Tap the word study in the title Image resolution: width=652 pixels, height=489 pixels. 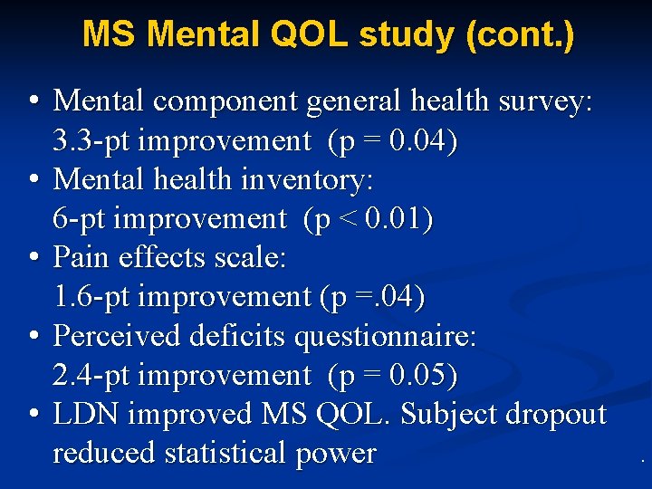[x=402, y=35]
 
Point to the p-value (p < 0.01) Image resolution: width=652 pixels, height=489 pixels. [x=369, y=218]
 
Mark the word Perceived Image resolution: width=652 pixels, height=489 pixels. [x=117, y=335]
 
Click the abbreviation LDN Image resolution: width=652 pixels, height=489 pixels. [x=86, y=413]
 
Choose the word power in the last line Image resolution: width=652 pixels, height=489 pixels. [x=335, y=452]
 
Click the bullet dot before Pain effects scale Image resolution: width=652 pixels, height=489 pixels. [x=33, y=257]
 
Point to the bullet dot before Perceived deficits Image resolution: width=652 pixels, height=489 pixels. [x=33, y=335]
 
